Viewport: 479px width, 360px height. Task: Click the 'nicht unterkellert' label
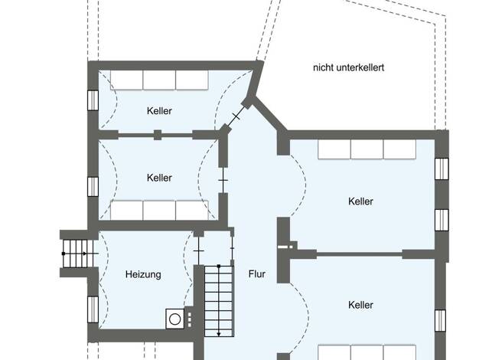tap(349, 67)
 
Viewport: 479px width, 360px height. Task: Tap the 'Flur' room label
tap(257, 274)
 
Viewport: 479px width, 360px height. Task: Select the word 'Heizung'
tap(143, 274)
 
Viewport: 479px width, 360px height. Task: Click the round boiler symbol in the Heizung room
tap(174, 319)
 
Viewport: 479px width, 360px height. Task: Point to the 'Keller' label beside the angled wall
tap(159, 111)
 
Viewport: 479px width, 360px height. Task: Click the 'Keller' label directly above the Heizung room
tap(159, 178)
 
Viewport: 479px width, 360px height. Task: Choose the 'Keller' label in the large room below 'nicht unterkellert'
tap(360, 201)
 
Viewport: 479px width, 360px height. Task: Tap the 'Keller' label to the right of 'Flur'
tap(360, 305)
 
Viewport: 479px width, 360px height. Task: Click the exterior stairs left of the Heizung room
tap(78, 254)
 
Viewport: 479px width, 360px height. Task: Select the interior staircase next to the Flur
tap(219, 301)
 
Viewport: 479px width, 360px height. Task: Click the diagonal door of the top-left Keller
tap(236, 116)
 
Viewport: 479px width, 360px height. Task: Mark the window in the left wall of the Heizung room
tap(93, 309)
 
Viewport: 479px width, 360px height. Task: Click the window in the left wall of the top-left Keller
tap(93, 100)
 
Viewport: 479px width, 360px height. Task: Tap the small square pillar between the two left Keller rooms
tap(158, 135)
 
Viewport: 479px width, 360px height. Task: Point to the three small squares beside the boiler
tap(190, 319)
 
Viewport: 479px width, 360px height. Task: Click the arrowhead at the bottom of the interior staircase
tap(219, 334)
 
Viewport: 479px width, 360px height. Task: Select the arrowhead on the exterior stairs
tap(85, 254)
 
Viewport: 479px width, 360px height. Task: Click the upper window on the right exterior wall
tap(442, 169)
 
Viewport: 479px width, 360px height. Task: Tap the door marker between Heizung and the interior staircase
tap(199, 251)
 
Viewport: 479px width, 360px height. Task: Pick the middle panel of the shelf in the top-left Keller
tap(159, 80)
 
